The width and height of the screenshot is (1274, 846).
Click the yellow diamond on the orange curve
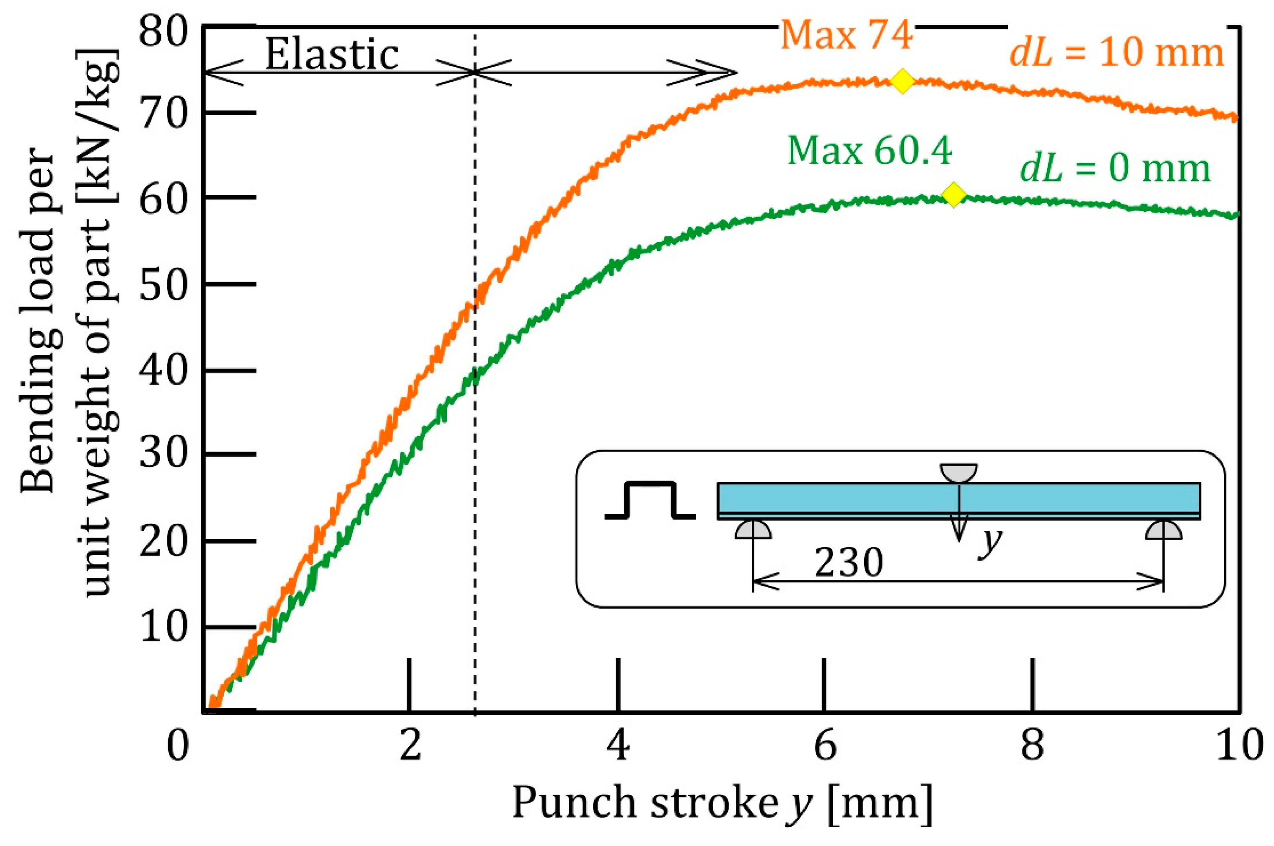click(902, 81)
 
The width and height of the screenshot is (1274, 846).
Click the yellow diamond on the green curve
click(953, 194)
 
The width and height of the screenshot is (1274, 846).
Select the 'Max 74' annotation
click(846, 36)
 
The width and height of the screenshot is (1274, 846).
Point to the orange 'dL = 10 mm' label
click(1116, 54)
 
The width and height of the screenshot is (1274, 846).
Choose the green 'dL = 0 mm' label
click(1115, 168)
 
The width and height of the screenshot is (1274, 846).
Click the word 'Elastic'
click(331, 56)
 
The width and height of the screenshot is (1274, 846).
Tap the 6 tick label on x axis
click(824, 746)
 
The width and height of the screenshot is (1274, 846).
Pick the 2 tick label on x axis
click(411, 746)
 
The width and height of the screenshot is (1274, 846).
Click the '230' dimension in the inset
click(848, 563)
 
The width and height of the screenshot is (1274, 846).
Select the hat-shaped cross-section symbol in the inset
click(650, 500)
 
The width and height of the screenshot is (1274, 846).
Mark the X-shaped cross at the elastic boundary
click(474, 72)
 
